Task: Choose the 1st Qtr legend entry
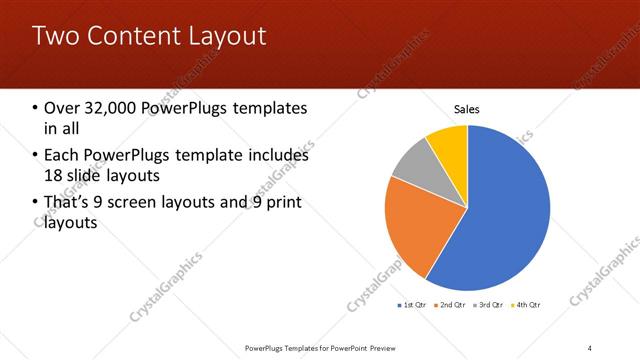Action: coord(414,304)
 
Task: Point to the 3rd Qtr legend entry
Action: coord(488,304)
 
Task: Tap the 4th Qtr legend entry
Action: coord(526,304)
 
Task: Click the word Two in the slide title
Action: coord(55,36)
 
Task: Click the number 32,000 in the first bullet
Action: coord(111,108)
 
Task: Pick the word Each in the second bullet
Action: coord(60,155)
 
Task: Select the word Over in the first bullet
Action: coord(62,108)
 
